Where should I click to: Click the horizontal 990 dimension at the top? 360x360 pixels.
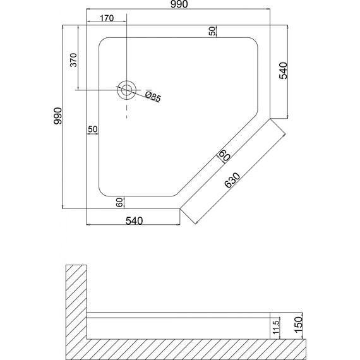click(179, 4)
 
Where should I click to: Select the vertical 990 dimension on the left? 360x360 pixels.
click(57, 116)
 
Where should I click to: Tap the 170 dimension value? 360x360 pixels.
click(107, 18)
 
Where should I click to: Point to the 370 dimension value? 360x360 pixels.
click(74, 60)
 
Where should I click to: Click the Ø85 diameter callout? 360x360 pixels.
click(153, 97)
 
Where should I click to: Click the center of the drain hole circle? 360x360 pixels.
click(126, 90)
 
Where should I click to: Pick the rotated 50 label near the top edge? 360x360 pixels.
click(213, 31)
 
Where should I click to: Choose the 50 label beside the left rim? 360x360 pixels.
click(93, 129)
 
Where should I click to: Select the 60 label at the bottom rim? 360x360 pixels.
click(119, 203)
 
